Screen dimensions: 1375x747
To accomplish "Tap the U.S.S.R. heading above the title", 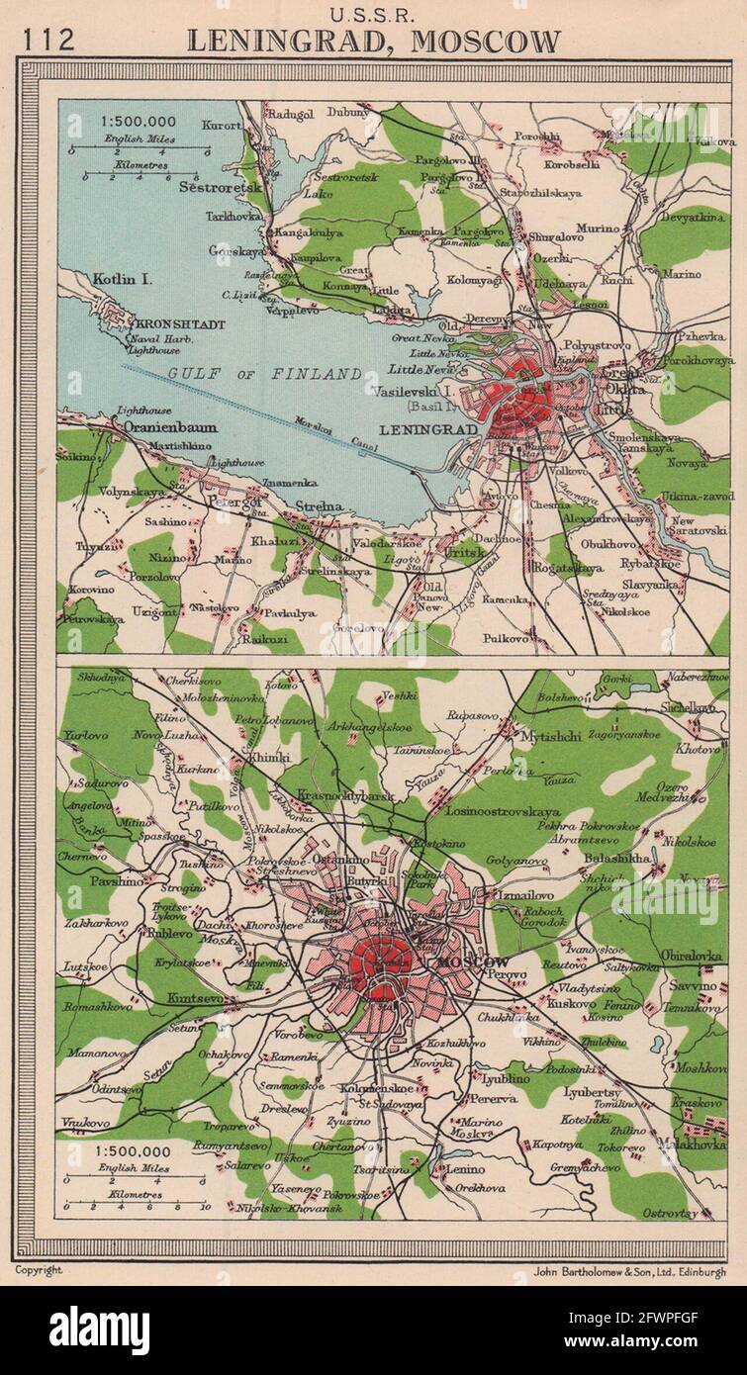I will pyautogui.click(x=372, y=14).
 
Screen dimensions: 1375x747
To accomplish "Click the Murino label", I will pyautogui.click(x=599, y=229).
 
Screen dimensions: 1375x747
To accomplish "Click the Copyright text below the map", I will pyautogui.click(x=38, y=1270).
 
